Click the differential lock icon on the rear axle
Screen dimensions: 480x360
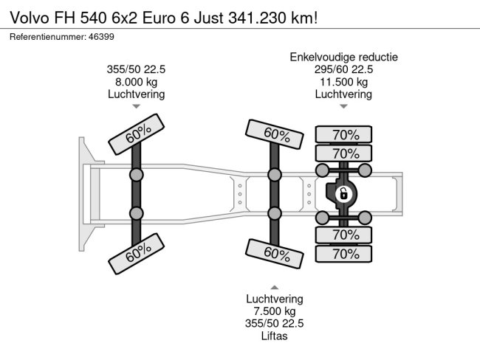(x=343, y=194)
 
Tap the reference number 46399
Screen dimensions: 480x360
(x=101, y=37)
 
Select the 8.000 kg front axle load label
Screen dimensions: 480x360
(x=136, y=82)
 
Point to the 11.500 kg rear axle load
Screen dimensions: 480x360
(x=344, y=82)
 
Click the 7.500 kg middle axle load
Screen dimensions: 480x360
(x=275, y=311)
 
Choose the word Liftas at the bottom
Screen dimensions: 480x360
(x=274, y=336)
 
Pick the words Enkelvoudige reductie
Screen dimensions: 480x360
(x=344, y=58)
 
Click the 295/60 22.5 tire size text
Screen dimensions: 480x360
(x=344, y=69)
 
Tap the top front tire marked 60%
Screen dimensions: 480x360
(x=137, y=134)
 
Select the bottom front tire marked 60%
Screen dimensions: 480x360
(x=137, y=254)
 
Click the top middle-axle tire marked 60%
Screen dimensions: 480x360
(x=275, y=134)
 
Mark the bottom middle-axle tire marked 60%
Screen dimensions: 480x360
(x=275, y=254)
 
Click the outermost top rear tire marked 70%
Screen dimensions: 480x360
(x=344, y=134)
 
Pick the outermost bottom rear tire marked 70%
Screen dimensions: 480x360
(x=344, y=254)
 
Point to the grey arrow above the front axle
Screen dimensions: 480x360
(x=136, y=106)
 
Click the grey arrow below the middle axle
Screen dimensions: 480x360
(x=275, y=287)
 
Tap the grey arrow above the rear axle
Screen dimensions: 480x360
(x=344, y=106)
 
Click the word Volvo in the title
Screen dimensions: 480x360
(x=30, y=18)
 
